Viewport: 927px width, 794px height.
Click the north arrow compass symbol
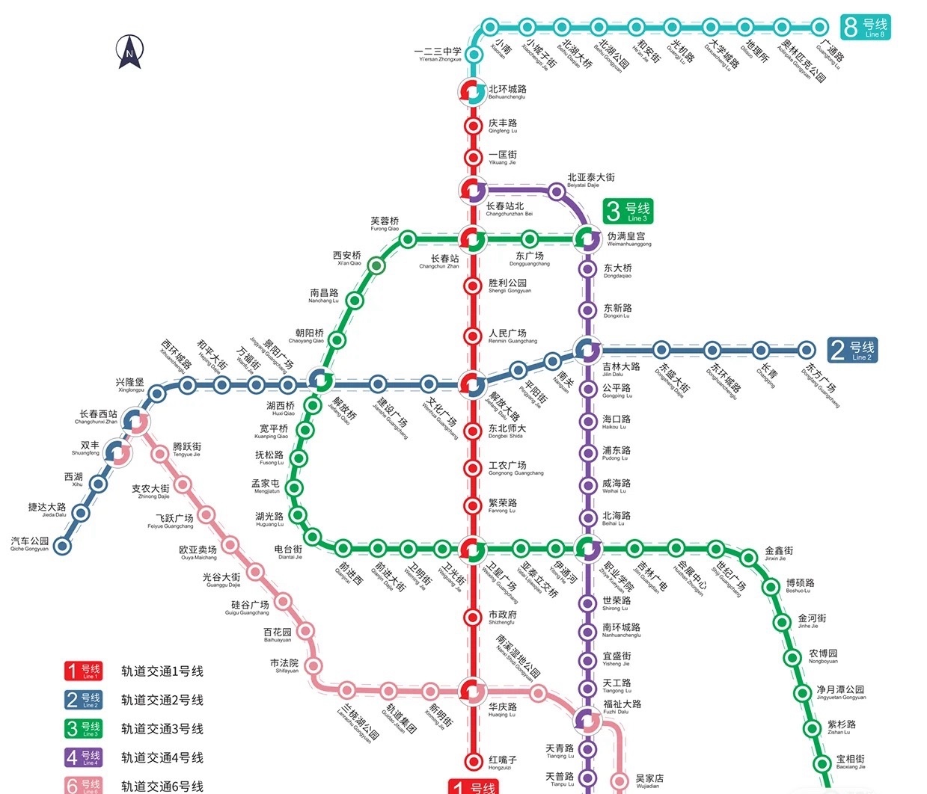[129, 52]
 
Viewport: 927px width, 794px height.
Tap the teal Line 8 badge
[865, 27]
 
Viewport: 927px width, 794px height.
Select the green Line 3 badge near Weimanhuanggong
[628, 211]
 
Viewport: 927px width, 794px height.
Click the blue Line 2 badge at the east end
[852, 350]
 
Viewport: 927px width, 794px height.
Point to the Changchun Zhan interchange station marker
[472, 239]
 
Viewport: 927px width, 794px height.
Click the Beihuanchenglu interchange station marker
[472, 92]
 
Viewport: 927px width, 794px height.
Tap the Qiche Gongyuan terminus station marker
[63, 547]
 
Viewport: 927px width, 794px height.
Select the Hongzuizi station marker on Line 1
[473, 761]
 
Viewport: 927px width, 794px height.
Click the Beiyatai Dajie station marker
[556, 192]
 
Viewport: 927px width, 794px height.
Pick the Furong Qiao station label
[385, 224]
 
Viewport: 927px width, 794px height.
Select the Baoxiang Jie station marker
[822, 763]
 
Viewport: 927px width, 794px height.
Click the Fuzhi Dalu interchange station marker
[588, 720]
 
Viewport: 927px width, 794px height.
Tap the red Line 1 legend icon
[82, 671]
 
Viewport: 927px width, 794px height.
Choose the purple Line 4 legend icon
[82, 757]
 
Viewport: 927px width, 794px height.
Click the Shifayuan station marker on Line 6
[314, 665]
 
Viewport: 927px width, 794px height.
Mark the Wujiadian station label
[649, 781]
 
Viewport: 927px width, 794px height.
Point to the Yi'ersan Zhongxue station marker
[473, 55]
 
